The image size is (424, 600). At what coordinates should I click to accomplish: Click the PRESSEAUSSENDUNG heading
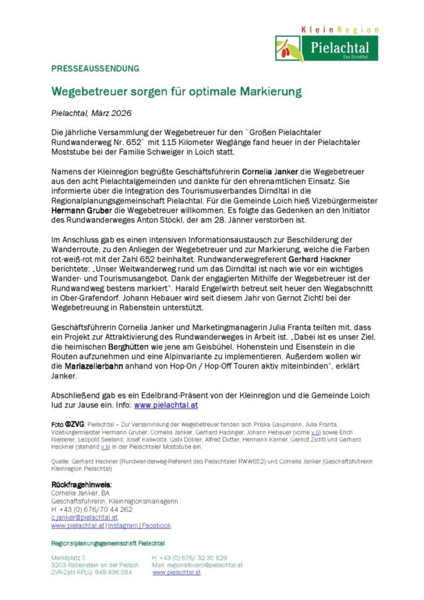(96, 68)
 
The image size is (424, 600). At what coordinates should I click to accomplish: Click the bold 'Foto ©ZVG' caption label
(68, 425)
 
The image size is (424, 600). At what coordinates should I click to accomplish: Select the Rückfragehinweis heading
(82, 485)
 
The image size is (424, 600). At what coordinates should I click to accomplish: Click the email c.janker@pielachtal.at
(84, 517)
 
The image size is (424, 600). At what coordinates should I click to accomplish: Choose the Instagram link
(123, 525)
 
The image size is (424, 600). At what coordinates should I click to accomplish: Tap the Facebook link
(157, 525)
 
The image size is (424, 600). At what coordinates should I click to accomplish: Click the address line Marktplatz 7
(68, 557)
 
